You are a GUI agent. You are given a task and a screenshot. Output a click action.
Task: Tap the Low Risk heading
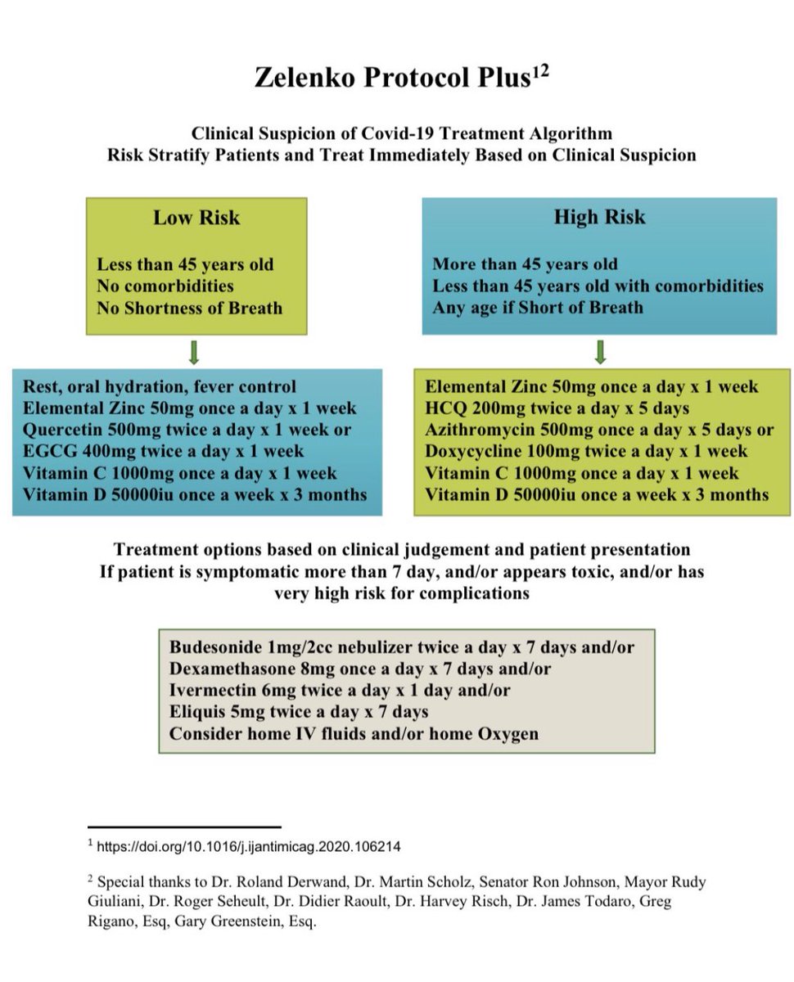pos(196,218)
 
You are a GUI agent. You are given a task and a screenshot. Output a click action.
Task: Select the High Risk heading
pos(599,217)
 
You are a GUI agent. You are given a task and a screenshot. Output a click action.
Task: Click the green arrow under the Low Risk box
pos(196,352)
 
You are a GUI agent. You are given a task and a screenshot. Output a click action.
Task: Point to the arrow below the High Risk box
pos(600,352)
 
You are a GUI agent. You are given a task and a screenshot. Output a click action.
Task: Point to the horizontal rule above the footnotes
pos(183,827)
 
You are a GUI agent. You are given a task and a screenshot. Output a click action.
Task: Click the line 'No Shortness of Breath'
pos(189,309)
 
